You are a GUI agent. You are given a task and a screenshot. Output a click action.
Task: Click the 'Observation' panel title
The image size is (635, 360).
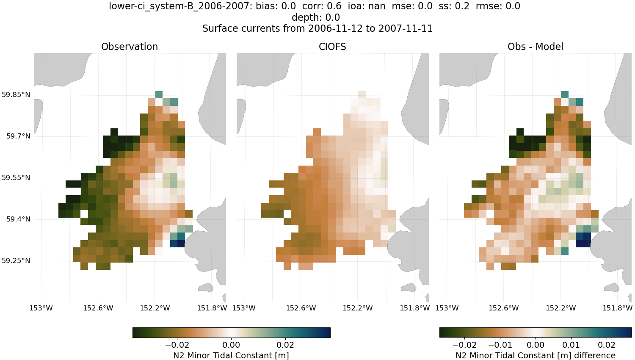[130, 47]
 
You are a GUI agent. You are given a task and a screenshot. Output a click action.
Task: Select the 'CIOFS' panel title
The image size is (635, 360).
[332, 47]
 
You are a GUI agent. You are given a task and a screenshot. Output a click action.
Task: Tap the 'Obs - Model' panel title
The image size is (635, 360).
[535, 47]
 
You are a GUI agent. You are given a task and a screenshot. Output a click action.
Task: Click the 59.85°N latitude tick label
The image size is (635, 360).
[16, 94]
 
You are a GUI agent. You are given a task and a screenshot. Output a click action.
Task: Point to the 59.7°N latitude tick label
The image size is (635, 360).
[18, 136]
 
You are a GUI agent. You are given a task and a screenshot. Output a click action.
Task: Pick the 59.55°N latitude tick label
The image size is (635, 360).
[16, 177]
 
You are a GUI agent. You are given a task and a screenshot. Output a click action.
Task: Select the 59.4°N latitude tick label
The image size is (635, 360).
[18, 219]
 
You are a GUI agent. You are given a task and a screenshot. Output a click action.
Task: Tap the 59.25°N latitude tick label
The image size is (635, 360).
[16, 260]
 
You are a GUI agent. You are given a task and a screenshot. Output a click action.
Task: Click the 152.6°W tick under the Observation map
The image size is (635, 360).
[98, 308]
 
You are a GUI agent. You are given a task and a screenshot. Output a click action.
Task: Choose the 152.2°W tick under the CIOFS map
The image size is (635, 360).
[358, 308]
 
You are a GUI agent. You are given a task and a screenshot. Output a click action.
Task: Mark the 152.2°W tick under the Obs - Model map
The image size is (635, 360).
[560, 308]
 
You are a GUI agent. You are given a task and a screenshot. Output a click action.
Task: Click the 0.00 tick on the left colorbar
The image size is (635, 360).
[231, 345]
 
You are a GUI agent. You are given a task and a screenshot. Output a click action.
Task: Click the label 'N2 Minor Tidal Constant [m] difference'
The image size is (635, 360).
[535, 355]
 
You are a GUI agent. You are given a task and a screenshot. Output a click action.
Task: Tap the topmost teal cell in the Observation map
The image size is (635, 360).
[159, 94]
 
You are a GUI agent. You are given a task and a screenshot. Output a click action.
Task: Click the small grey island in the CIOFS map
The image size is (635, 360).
[408, 288]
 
